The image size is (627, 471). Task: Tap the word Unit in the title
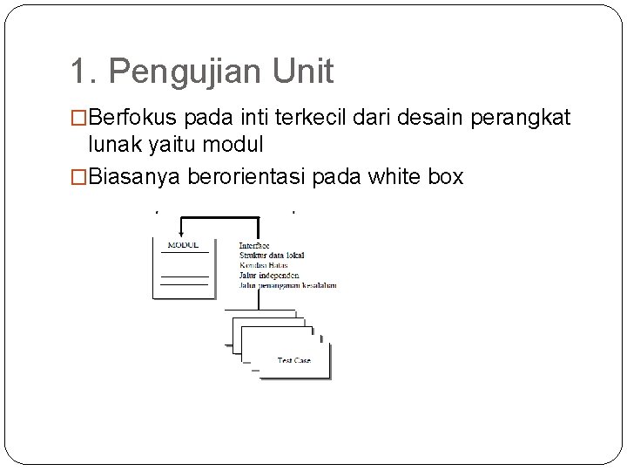(304, 72)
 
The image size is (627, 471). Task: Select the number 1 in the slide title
(79, 72)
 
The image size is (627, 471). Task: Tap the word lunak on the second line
(112, 143)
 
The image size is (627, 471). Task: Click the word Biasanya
(133, 177)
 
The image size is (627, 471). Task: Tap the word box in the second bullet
(447, 177)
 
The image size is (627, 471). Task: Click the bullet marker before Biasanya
(79, 177)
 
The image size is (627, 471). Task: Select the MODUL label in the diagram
(183, 245)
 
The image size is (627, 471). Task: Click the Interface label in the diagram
(254, 246)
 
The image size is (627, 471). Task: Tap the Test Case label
(293, 359)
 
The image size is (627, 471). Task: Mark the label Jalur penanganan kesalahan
(287, 284)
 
